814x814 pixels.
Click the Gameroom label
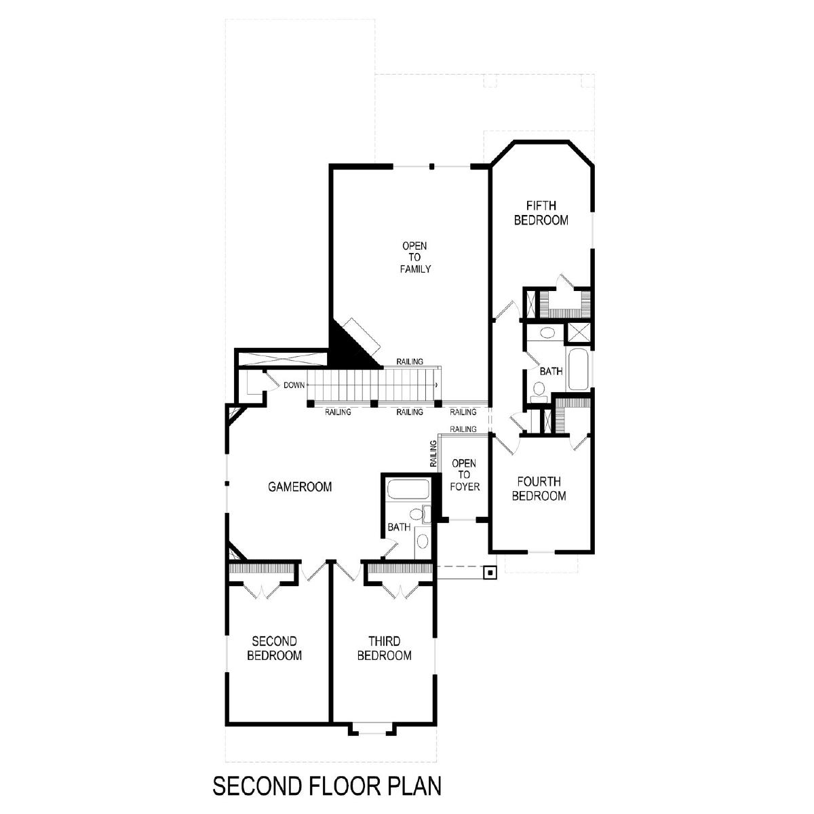(300, 487)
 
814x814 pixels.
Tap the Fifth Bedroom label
(541, 213)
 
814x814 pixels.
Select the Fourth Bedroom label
(539, 488)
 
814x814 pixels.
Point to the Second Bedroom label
(275, 648)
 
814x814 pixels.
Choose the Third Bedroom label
(385, 648)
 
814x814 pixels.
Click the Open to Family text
(415, 257)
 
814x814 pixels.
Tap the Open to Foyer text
(465, 476)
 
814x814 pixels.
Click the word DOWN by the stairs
(294, 385)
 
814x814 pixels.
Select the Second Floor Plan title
(327, 786)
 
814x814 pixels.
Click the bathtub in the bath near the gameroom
(408, 488)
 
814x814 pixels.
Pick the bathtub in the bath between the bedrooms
(578, 370)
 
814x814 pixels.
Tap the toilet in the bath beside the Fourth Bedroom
(539, 391)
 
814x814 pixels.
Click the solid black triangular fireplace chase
(351, 347)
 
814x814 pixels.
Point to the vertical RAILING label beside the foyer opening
(433, 454)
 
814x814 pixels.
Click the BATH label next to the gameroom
(399, 527)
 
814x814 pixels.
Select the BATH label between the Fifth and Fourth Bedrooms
(551, 371)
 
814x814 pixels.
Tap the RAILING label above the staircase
(410, 362)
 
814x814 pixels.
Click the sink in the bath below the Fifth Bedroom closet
(547, 333)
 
